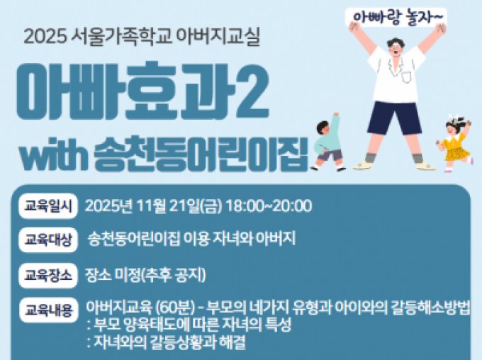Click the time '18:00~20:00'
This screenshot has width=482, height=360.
pyautogui.click(x=269, y=206)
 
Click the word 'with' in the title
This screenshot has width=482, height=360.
pyautogui.click(x=54, y=154)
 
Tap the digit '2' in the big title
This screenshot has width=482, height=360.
pyautogui.click(x=250, y=91)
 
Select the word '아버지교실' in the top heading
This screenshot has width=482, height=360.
pyautogui.click(x=225, y=35)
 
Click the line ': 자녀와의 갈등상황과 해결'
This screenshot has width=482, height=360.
pyautogui.click(x=167, y=342)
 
